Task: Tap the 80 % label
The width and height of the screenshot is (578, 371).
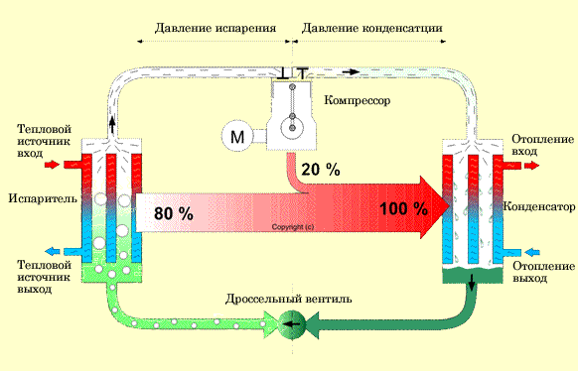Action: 173,212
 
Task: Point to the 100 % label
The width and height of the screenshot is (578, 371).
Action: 403,209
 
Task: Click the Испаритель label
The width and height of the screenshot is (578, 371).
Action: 37,198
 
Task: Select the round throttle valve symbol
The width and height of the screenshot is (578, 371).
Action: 291,322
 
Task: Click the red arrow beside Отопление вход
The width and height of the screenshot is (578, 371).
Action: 529,165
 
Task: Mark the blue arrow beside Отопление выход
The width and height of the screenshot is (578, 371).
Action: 530,251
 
